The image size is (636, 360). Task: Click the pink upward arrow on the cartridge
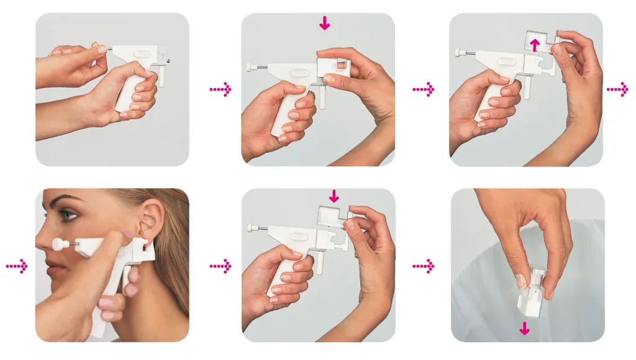tap(533, 44)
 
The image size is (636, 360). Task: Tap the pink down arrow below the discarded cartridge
tap(525, 328)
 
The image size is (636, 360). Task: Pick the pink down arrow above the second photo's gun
tap(324, 24)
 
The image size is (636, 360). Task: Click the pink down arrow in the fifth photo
tap(334, 196)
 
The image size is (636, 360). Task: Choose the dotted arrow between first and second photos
tap(220, 90)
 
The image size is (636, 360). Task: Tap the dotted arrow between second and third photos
tap(424, 90)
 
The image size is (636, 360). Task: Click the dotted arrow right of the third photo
tap(617, 90)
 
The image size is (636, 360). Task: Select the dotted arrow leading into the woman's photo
tap(17, 266)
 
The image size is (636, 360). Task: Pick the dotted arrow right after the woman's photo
tap(220, 266)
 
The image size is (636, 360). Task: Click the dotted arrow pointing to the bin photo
tap(424, 266)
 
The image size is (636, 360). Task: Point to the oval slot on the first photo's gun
tap(141, 55)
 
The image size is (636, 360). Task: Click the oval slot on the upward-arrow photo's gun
tap(507, 62)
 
